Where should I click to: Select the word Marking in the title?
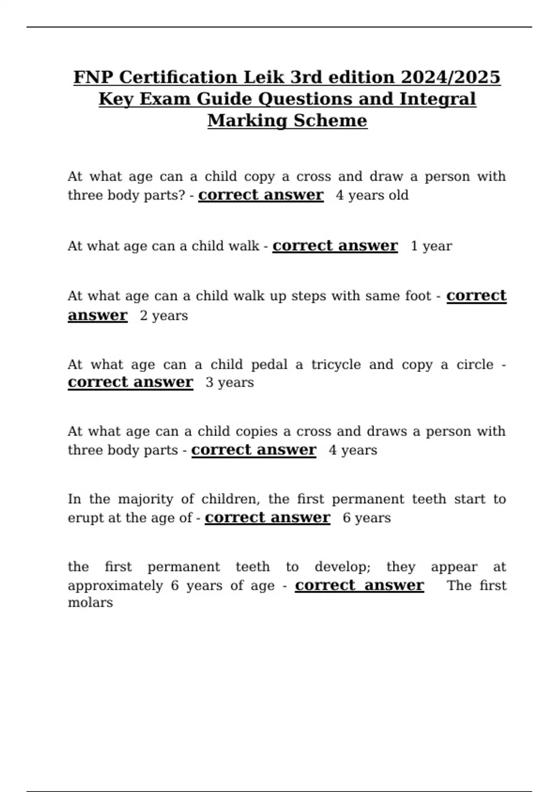coord(247,121)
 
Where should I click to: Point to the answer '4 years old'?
coord(372,195)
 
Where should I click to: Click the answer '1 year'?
coord(431,246)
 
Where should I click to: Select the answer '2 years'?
coord(164,315)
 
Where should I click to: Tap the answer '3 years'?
coord(230,382)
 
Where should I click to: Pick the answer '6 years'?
coord(367,518)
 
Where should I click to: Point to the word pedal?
coord(269,364)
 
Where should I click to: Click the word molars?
coord(90,603)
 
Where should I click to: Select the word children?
coord(230,499)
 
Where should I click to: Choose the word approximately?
coord(115,586)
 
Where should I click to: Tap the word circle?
coord(475,364)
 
